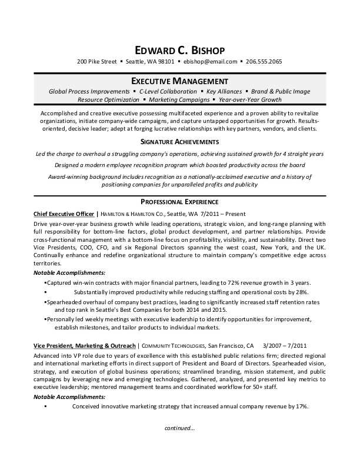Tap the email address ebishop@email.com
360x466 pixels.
tap(210, 61)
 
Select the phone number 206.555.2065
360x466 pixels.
tap(264, 61)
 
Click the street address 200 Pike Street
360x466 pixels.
tap(96, 61)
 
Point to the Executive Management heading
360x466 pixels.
tap(180, 81)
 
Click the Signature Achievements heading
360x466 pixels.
tap(180, 142)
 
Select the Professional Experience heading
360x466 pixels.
tap(180, 201)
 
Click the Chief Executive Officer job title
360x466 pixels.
tap(64, 214)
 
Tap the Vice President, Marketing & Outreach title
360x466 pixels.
tap(85, 345)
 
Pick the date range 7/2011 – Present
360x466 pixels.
tap(224, 214)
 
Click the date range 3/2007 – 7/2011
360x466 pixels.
tap(284, 345)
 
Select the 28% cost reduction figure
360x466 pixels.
tap(301, 292)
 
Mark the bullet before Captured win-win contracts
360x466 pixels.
tap(45, 282)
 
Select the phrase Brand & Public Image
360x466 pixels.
tap(281, 92)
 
